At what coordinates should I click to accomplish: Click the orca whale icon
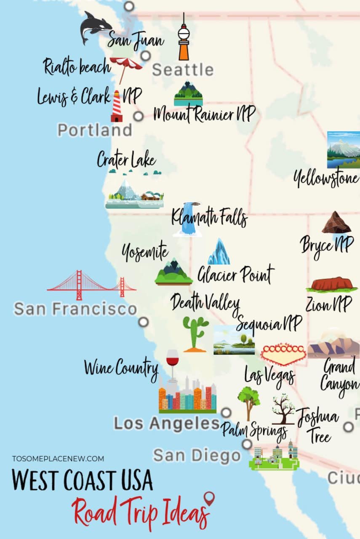95,27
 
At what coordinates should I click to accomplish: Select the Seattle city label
183,70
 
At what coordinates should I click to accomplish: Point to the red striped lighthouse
117,106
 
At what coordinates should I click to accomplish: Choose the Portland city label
95,130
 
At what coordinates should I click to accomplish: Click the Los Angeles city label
167,424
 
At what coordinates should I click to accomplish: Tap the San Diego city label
197,455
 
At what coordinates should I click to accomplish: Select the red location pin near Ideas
209,499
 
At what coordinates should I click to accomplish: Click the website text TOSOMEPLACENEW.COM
58,459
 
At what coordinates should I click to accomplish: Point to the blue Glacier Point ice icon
219,252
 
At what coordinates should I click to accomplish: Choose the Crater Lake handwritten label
126,160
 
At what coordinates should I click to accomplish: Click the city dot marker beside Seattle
146,56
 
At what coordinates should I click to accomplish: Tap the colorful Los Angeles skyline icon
187,396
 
